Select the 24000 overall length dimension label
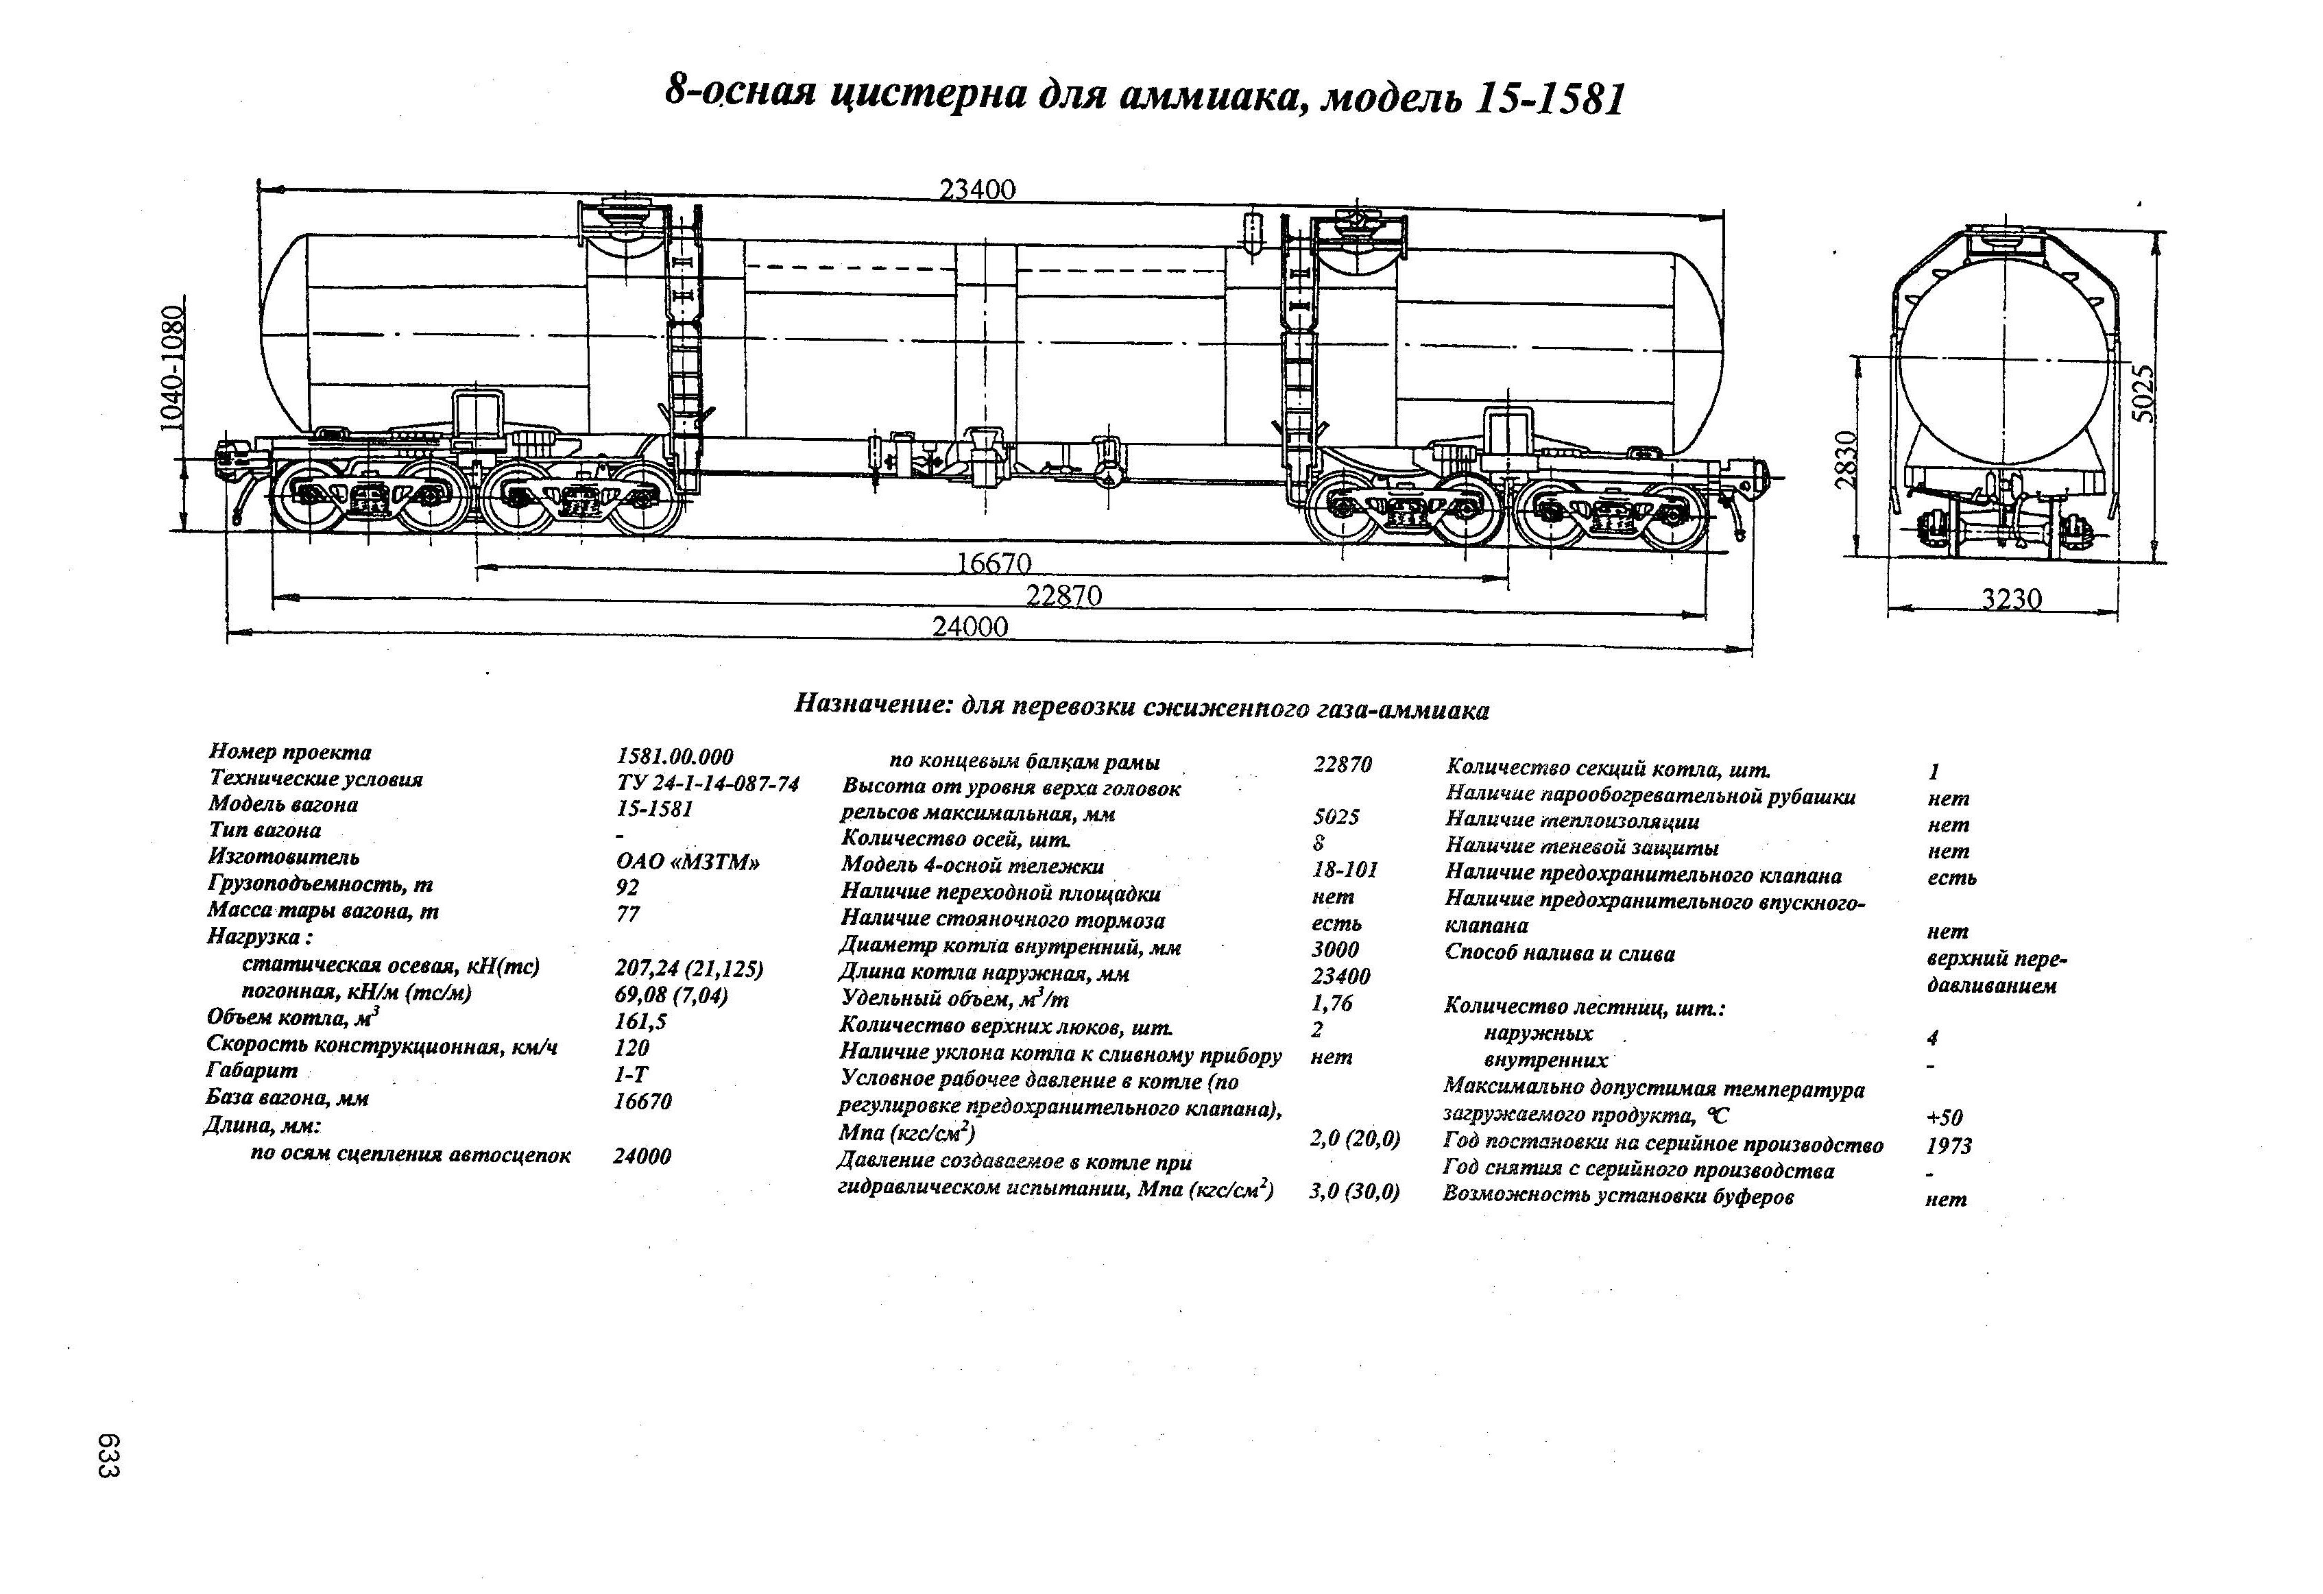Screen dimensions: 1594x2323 pyautogui.click(x=970, y=627)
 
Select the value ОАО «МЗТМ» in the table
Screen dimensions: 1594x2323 pyautogui.click(x=688, y=862)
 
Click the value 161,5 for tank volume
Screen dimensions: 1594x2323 pyautogui.click(x=640, y=1022)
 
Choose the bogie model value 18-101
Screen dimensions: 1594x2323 pyautogui.click(x=1345, y=869)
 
